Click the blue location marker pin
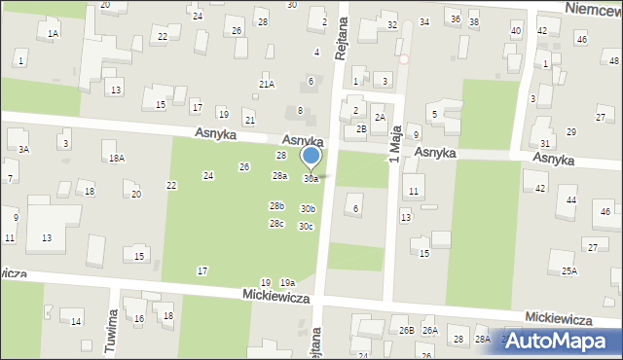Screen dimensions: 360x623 click(x=311, y=157)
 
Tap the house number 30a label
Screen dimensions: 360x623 click(x=311, y=179)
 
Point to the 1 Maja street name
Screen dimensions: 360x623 click(x=395, y=147)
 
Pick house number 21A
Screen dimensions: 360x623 click(x=267, y=85)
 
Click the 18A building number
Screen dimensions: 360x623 click(x=117, y=158)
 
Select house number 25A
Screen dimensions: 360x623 click(x=568, y=270)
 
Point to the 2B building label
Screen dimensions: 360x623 click(x=361, y=129)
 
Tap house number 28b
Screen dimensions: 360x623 click(x=276, y=206)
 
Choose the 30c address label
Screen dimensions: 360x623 click(x=306, y=227)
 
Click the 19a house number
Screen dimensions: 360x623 click(x=287, y=282)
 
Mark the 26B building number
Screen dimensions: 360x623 click(x=407, y=331)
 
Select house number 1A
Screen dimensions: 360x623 click(x=54, y=33)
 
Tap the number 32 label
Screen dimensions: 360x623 click(x=391, y=24)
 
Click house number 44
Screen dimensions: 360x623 click(x=571, y=199)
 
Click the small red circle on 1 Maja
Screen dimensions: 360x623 click(x=403, y=58)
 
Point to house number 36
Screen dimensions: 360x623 click(x=455, y=19)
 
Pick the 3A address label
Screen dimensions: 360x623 click(x=23, y=150)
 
